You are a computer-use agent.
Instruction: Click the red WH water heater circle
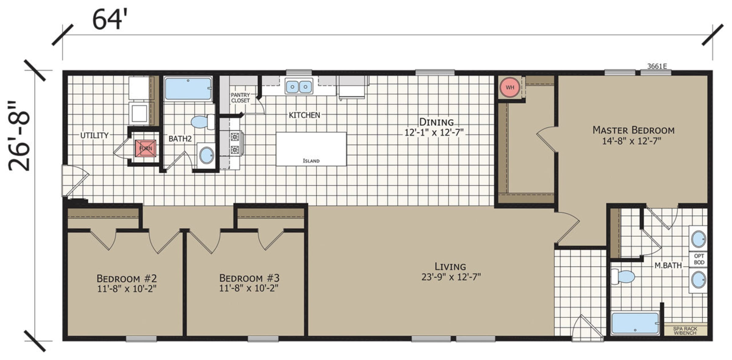coord(510,87)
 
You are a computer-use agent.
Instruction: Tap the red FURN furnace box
coord(145,148)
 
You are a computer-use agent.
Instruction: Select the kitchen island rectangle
coord(311,149)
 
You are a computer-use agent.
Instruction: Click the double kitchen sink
coord(299,86)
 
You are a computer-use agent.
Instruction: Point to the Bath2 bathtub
coord(188,89)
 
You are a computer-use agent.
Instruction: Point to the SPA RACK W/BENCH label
coord(685,331)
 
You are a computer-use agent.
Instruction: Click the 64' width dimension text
coord(109,20)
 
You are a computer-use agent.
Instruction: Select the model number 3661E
coord(657,66)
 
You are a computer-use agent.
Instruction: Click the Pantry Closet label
coord(240,98)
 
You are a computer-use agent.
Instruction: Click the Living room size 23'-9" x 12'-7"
coord(451,277)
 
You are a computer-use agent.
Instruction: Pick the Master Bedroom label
coord(633,130)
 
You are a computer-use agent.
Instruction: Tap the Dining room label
coord(436,122)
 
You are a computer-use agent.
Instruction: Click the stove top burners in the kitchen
coord(235,143)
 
